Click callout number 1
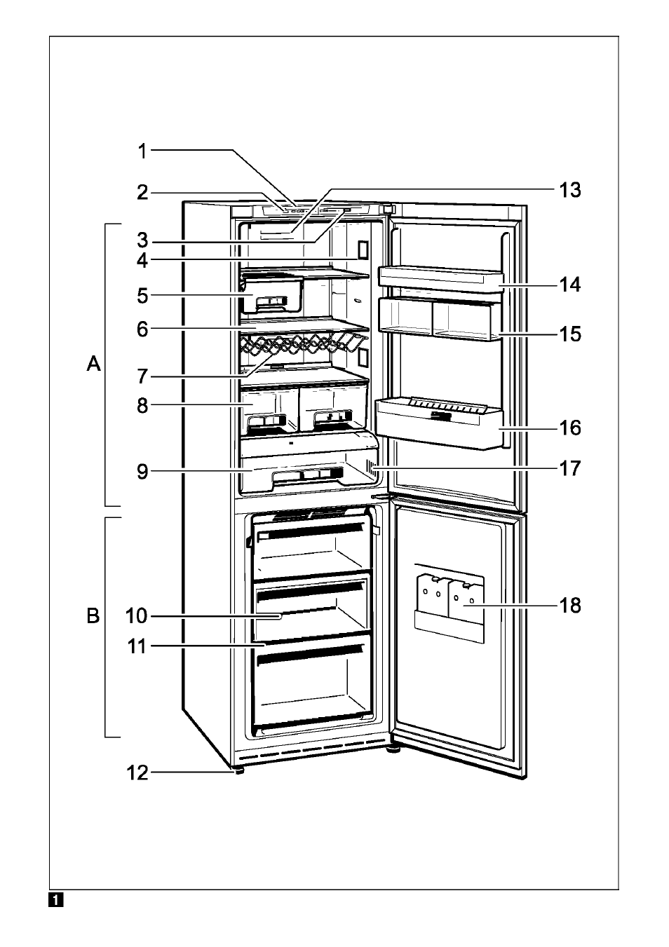143,151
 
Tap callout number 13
570,190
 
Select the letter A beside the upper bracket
93,363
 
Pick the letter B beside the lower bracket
93,616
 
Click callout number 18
570,605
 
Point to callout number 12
138,773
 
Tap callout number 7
142,376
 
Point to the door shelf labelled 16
440,423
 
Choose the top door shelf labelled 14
442,279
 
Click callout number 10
136,616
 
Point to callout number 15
570,334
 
